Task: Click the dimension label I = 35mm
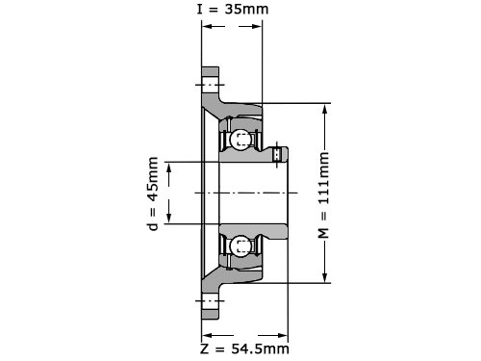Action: (x=233, y=9)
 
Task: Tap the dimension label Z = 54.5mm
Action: (x=244, y=348)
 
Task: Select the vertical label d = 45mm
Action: (x=153, y=193)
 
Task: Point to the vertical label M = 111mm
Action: (x=323, y=195)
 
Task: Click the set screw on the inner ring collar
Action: (x=277, y=154)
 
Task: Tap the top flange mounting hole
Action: (x=210, y=85)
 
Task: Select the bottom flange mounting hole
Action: (x=210, y=300)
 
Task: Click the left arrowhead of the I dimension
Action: (x=207, y=26)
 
